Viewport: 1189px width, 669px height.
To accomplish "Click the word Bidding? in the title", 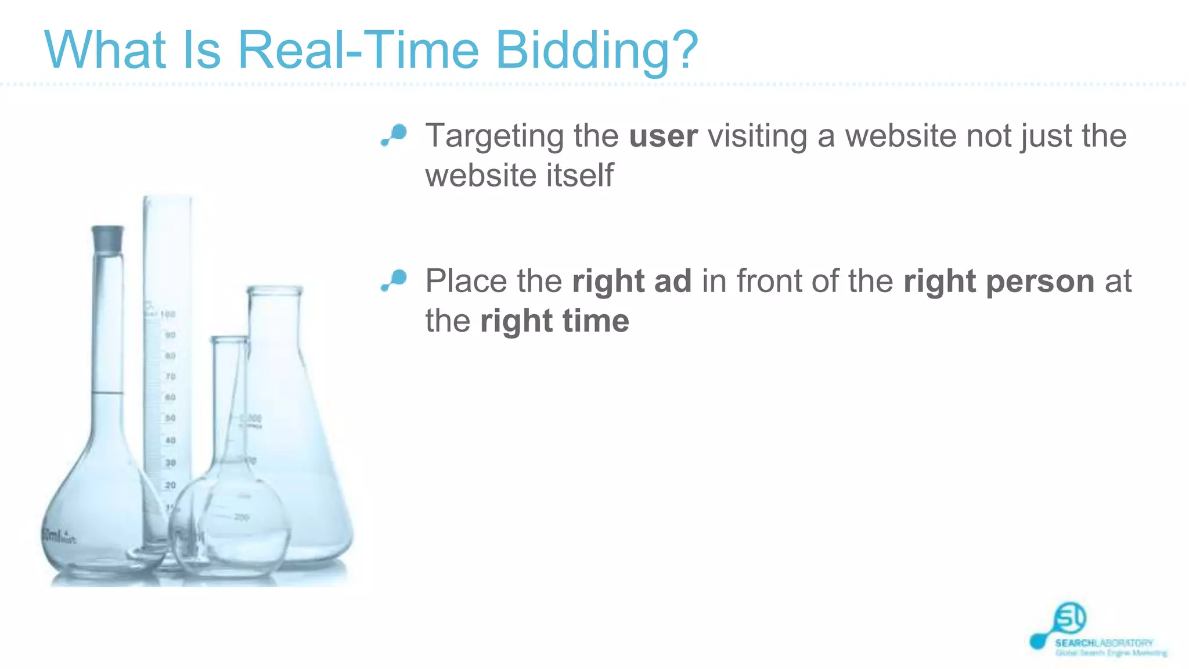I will [x=596, y=51].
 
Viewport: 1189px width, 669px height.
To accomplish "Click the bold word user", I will [x=663, y=136].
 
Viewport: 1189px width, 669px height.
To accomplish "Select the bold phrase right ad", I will [x=632, y=282].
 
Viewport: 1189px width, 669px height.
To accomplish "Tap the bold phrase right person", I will [x=999, y=282].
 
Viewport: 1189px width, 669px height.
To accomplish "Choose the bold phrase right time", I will [x=554, y=321].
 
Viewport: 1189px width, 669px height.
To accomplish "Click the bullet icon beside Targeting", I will [x=394, y=135].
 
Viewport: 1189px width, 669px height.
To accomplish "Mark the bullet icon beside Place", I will [x=394, y=280].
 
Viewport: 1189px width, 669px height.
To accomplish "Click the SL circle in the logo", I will [x=1069, y=618].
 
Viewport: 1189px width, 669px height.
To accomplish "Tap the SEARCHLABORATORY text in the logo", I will [x=1104, y=643].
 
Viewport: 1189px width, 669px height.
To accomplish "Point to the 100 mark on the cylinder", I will [x=168, y=314].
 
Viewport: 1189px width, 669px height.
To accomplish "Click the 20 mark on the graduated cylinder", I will [x=170, y=485].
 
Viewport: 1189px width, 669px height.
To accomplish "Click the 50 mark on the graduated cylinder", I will [x=170, y=418].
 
